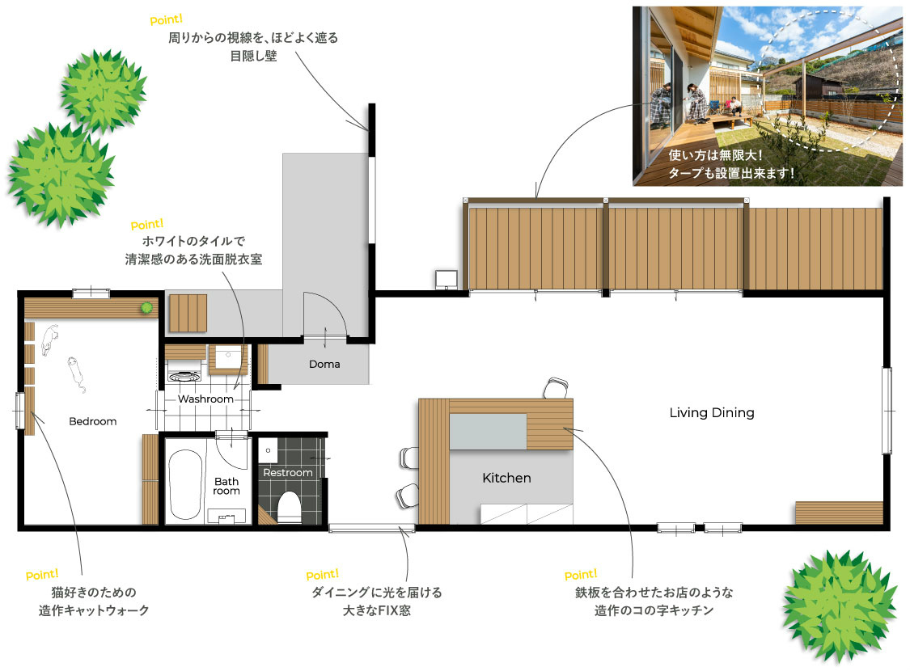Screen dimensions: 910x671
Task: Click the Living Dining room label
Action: click(x=712, y=413)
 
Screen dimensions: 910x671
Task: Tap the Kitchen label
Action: click(x=506, y=478)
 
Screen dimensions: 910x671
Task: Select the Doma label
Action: click(x=324, y=365)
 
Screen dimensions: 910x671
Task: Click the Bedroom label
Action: click(x=93, y=422)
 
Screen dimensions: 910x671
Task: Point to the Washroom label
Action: click(x=205, y=399)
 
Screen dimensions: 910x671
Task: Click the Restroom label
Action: click(x=288, y=473)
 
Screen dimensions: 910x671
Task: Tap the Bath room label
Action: click(x=226, y=486)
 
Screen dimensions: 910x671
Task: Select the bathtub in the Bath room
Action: click(x=185, y=485)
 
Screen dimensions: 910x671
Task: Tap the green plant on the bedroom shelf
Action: click(x=147, y=308)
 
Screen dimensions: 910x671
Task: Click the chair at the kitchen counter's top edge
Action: click(x=556, y=388)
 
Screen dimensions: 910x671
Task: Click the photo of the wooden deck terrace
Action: click(x=768, y=96)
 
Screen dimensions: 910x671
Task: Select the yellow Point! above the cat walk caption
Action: click(x=42, y=575)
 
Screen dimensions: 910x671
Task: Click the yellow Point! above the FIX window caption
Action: click(x=322, y=575)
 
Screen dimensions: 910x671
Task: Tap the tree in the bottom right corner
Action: click(x=839, y=606)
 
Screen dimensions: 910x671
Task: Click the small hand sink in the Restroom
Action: click(x=268, y=450)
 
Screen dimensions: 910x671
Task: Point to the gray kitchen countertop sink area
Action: click(x=488, y=432)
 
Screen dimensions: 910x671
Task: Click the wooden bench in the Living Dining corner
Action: click(x=839, y=513)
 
